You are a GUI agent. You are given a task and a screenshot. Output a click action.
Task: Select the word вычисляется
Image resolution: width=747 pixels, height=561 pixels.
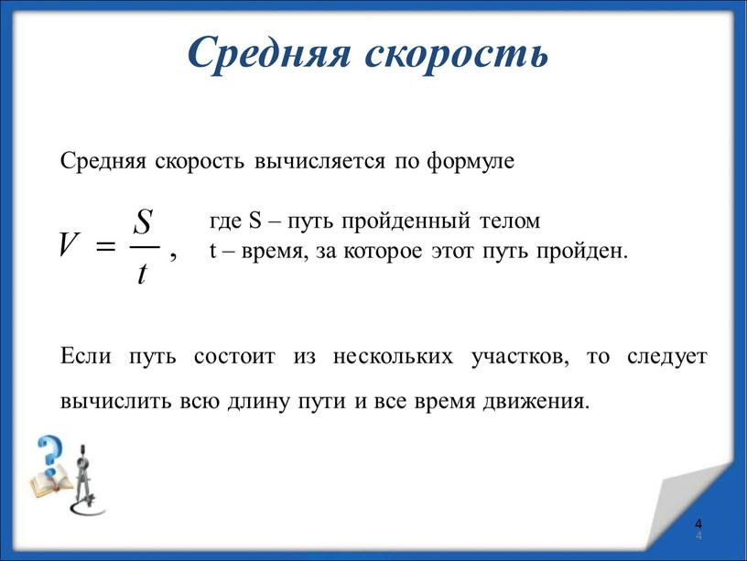(x=322, y=162)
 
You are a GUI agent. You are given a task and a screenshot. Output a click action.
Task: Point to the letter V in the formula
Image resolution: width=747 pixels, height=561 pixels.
(x=67, y=245)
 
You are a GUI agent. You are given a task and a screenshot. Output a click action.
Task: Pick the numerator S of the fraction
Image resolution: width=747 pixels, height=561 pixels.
(x=143, y=220)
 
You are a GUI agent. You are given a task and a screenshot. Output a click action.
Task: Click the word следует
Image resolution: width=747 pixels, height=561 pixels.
(x=666, y=356)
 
